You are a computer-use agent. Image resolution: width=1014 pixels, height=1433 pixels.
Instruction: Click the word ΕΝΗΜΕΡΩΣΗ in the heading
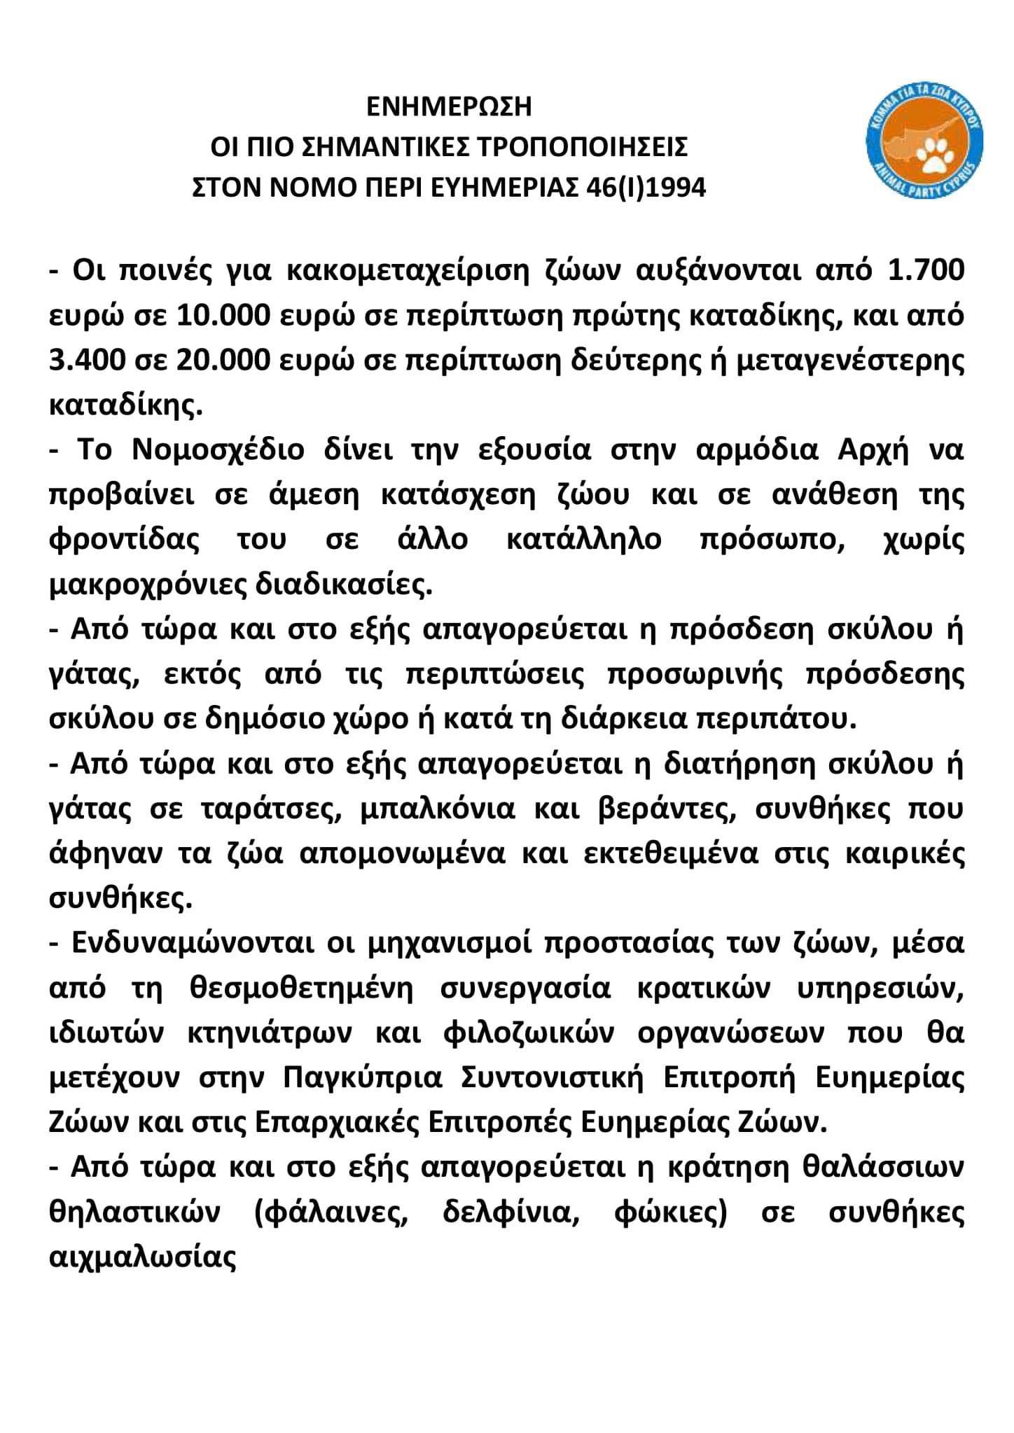450,107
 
